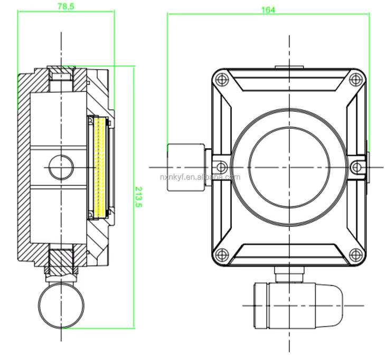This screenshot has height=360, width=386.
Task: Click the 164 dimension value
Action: click(268, 10)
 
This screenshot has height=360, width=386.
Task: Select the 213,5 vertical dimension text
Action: click(139, 197)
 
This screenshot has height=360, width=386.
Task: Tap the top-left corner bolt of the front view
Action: click(222, 80)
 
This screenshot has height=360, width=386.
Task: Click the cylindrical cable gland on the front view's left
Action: click(186, 166)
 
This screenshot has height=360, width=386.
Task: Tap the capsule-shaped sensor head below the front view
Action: click(297, 305)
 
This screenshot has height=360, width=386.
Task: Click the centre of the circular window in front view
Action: click(289, 167)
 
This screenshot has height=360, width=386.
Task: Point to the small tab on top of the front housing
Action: click(289, 67)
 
